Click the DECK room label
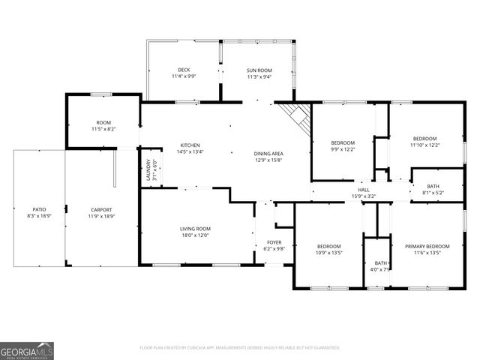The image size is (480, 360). (184, 70)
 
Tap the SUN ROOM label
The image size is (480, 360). (259, 70)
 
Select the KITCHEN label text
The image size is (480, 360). (190, 145)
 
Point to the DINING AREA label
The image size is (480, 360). (268, 154)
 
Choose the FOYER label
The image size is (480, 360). (274, 242)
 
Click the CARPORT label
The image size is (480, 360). (101, 210)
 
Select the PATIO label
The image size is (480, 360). (39, 210)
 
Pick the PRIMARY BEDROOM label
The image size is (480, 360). (427, 247)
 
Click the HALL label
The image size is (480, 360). (363, 190)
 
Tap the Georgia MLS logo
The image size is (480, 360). (27, 350)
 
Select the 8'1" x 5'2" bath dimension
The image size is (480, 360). (433, 193)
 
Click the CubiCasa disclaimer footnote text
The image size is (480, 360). (240, 347)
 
